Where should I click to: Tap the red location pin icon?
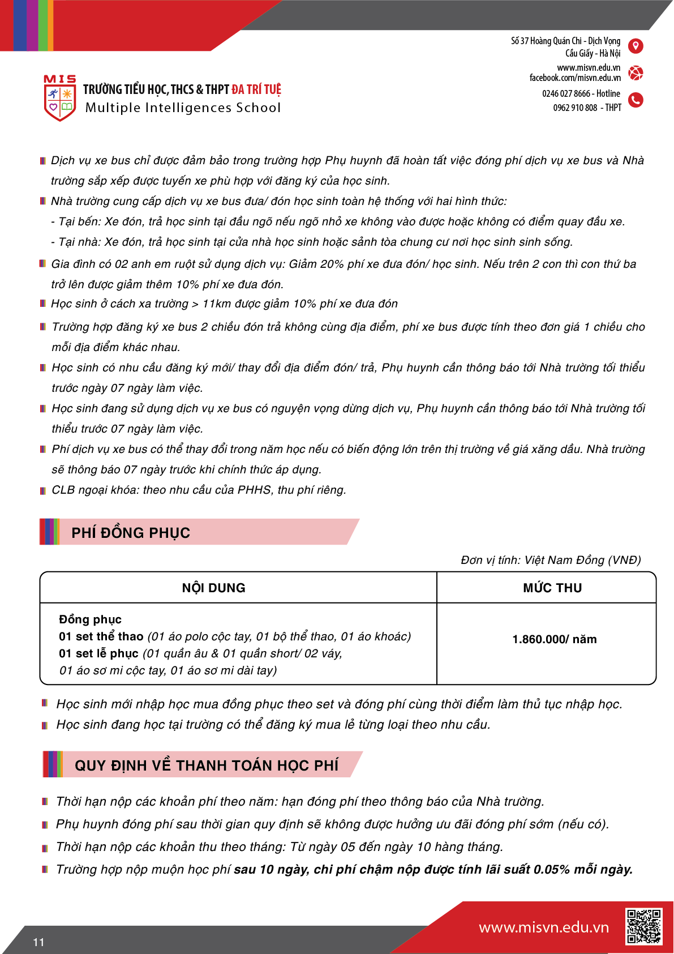pos(636,46)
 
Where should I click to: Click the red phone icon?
pos(636,100)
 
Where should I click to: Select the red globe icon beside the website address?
pos(636,73)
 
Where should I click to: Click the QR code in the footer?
pos(643,926)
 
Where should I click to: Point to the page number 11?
pos(38,942)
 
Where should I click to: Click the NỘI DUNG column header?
pos(213,588)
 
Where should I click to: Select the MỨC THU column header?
pos(552,588)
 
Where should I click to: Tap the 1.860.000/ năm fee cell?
pos(554,639)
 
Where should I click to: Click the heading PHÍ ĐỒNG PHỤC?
pos(131,533)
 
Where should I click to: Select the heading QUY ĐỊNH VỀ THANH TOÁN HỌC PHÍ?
pos(207,765)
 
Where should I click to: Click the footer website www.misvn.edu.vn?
pos(543,927)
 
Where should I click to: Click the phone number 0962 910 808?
pos(575,108)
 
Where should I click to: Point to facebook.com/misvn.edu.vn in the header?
pos(575,78)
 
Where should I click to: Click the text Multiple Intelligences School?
pos(183,108)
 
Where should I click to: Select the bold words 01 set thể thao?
pos(101,636)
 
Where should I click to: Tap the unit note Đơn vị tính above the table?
pos(550,560)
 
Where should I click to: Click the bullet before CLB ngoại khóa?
pos(43,491)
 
